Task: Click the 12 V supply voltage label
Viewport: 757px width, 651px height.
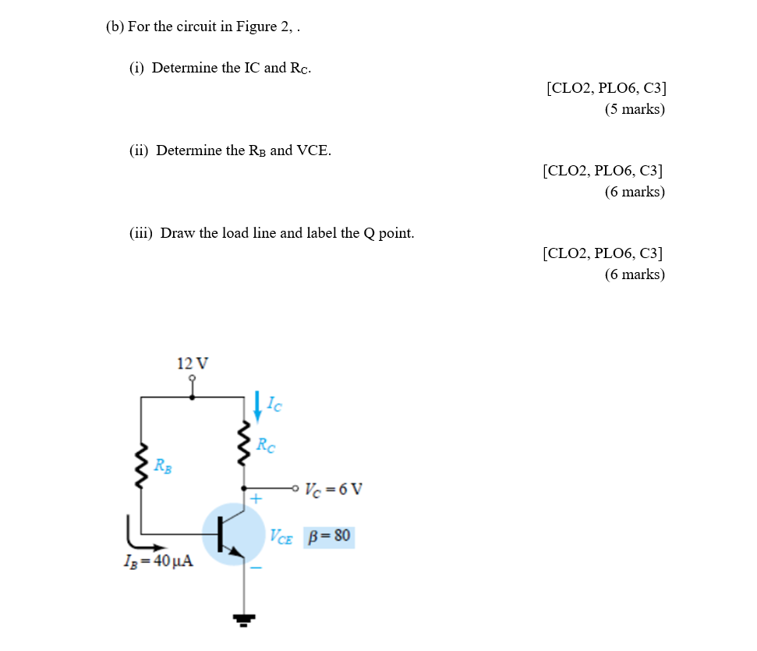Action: [x=193, y=363]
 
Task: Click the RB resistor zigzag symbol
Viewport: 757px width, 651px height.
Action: [x=141, y=467]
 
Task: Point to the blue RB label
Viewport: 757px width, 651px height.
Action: [x=163, y=467]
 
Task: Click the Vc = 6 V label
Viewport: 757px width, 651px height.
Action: [x=334, y=490]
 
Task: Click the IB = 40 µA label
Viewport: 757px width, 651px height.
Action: [x=159, y=562]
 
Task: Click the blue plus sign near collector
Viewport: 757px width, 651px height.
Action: [x=256, y=497]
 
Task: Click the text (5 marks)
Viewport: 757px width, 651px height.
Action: [x=635, y=109]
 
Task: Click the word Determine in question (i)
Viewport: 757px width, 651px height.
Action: [x=185, y=68]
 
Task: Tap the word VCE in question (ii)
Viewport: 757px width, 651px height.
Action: [x=313, y=150]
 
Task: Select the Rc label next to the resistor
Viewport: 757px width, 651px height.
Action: [x=266, y=447]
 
